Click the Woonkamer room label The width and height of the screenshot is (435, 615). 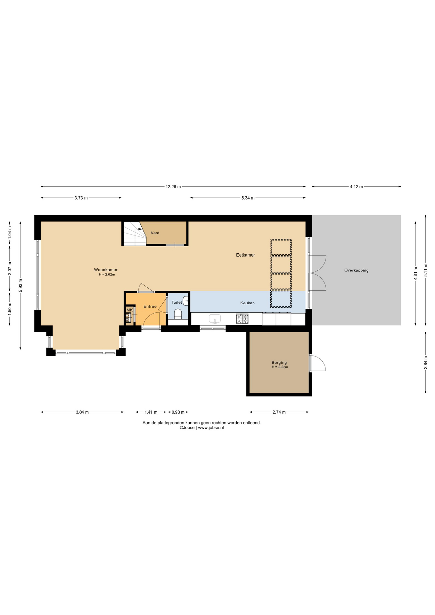[x=106, y=270]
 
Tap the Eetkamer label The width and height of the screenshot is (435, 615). [x=245, y=255]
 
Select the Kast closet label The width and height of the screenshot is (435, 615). [x=155, y=233]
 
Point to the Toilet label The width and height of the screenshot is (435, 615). [x=177, y=302]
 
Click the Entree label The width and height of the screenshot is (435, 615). [x=150, y=307]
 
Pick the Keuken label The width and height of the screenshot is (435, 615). [x=248, y=303]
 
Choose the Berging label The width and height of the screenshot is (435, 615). [x=279, y=363]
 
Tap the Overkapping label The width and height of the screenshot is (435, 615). [x=357, y=270]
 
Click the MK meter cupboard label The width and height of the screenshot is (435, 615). [x=129, y=310]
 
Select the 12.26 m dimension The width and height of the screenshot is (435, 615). [x=173, y=187]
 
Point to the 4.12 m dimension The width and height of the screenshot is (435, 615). [x=357, y=187]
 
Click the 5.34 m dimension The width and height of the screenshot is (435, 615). [x=248, y=198]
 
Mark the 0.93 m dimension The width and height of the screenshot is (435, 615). [x=178, y=412]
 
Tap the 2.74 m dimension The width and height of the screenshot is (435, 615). [x=279, y=412]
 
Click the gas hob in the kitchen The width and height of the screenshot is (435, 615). [x=242, y=319]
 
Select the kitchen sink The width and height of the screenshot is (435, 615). [x=215, y=319]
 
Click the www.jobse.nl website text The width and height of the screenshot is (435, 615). [x=211, y=428]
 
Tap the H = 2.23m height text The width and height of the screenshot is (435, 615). [x=280, y=367]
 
